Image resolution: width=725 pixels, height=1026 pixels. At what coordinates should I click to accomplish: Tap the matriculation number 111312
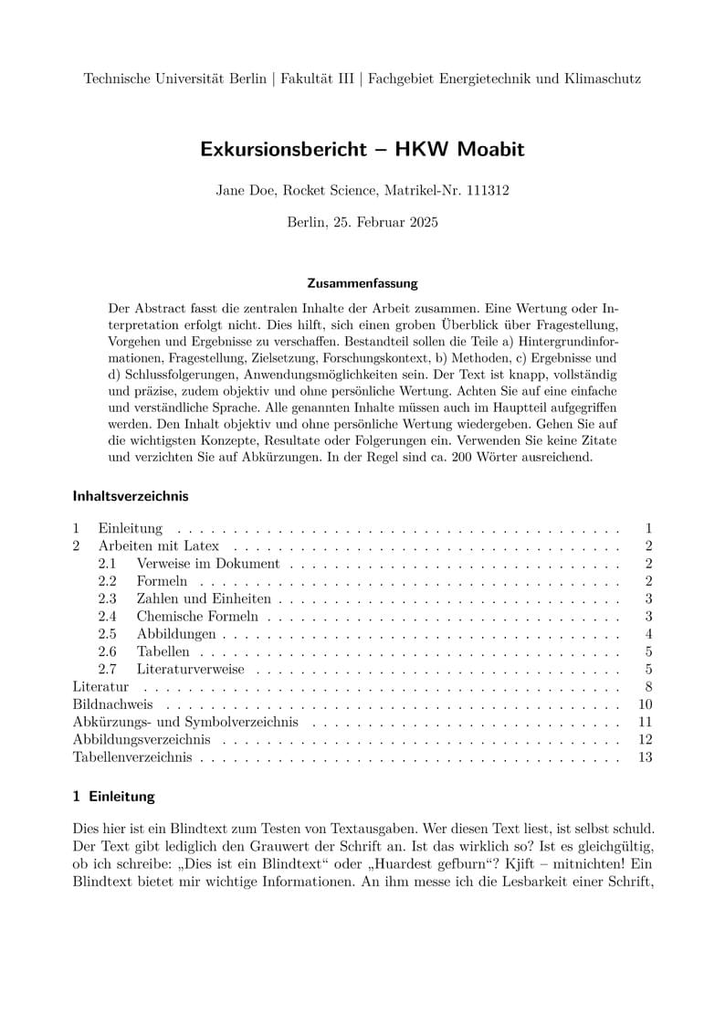[x=487, y=191]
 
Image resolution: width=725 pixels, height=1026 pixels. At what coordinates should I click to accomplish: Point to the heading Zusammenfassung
[x=362, y=283]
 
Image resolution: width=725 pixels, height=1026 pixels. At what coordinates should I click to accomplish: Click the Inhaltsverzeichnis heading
[x=130, y=496]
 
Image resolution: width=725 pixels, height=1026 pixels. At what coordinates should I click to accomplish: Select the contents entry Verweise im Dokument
[x=207, y=564]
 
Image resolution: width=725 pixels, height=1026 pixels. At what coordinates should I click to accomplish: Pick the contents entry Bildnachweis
[x=112, y=704]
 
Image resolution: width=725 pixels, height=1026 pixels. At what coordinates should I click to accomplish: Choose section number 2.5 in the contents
[x=108, y=634]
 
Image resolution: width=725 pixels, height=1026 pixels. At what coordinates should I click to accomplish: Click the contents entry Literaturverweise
[x=190, y=669]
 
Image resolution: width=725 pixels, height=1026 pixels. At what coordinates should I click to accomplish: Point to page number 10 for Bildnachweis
[x=646, y=704]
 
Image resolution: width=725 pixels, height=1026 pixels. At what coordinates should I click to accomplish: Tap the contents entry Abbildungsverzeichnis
[x=142, y=739]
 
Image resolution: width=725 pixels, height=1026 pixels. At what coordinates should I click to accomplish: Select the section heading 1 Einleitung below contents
[x=114, y=796]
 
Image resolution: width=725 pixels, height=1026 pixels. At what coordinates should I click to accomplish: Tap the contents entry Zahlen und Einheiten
[x=204, y=598]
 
